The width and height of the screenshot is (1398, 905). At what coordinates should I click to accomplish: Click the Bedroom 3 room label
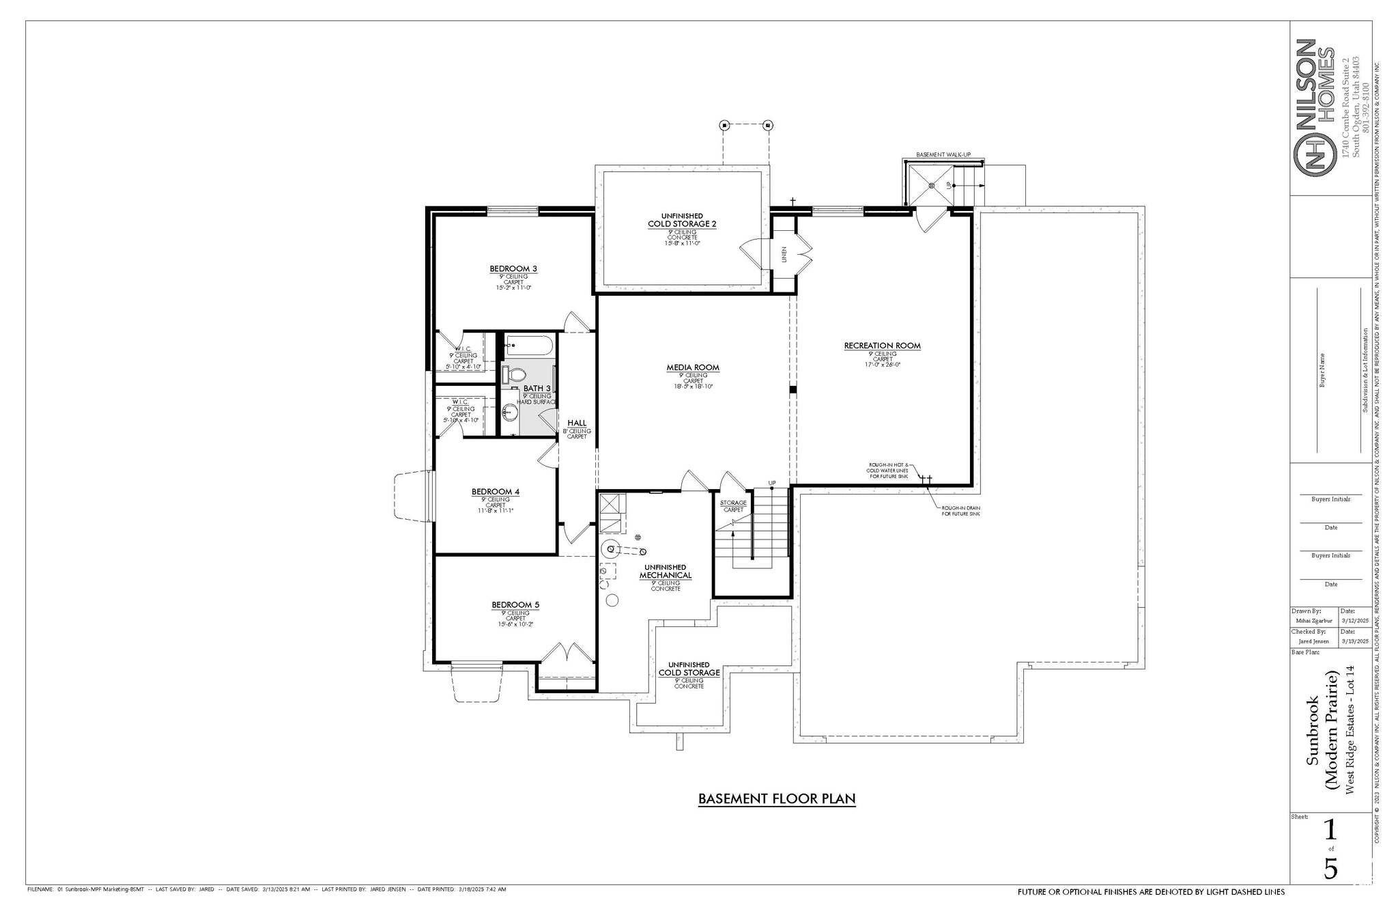click(x=513, y=268)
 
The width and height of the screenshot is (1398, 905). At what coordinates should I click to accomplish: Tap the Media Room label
click(x=693, y=367)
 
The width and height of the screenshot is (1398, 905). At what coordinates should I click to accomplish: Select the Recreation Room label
click(x=882, y=346)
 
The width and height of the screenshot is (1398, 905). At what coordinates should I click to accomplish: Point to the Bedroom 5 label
click(x=515, y=605)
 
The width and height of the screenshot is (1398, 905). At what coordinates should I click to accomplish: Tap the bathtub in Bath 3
click(x=528, y=346)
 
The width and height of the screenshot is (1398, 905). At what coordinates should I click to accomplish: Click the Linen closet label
click(x=784, y=254)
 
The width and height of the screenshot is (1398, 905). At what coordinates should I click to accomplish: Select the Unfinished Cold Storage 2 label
click(x=682, y=220)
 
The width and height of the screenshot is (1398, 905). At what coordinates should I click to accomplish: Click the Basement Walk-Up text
click(x=943, y=155)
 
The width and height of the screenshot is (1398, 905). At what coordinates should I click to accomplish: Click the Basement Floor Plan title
click(x=777, y=798)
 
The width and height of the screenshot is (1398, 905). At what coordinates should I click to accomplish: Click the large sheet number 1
click(x=1330, y=831)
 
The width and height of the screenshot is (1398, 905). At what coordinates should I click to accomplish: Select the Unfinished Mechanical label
click(x=665, y=572)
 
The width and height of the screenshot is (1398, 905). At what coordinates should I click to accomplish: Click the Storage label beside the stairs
click(x=734, y=503)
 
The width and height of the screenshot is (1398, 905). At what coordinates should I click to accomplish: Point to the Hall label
click(x=576, y=423)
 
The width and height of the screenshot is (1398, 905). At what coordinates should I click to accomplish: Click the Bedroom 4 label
click(x=496, y=492)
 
